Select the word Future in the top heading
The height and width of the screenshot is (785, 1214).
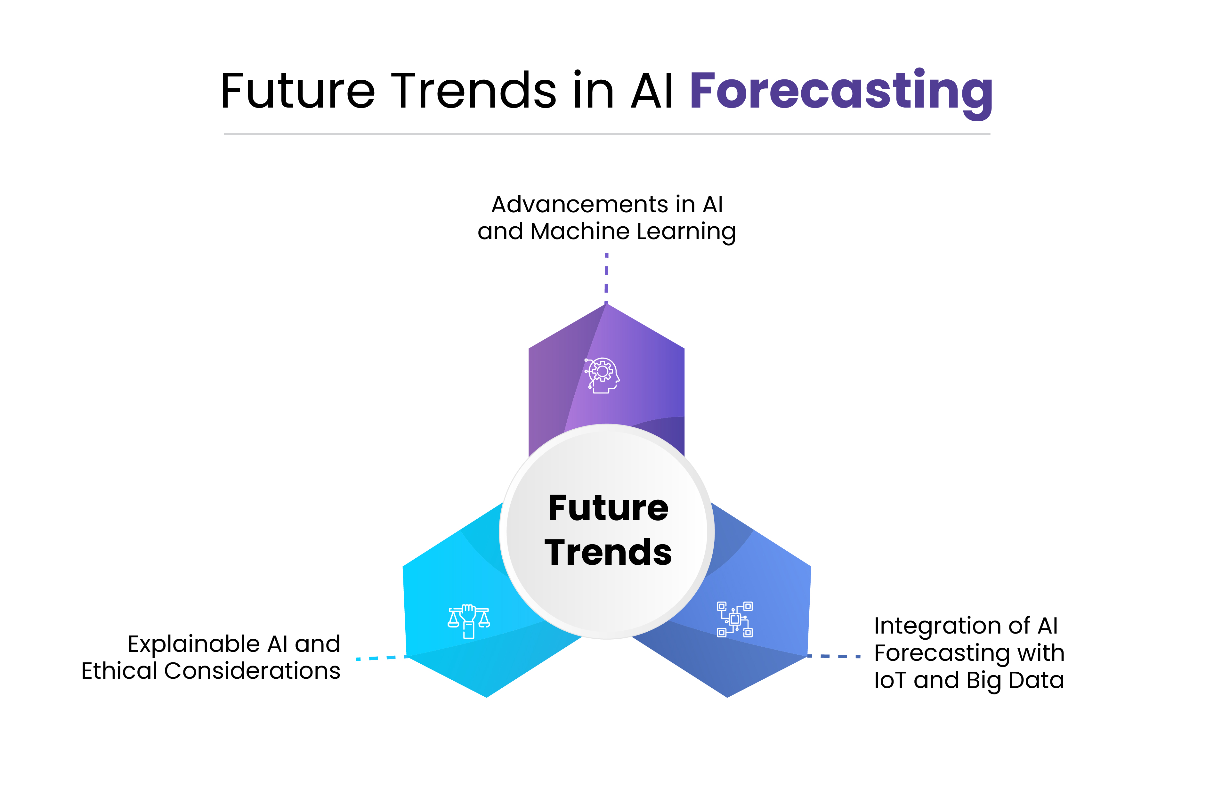298,91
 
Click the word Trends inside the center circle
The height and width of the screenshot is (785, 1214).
608,553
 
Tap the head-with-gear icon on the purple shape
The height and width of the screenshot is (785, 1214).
602,375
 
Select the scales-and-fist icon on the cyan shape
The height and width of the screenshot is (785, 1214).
468,621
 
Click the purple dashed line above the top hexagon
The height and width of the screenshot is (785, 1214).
606,275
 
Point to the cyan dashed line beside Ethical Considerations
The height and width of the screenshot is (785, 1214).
380,658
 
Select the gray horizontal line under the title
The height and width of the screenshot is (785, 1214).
606,134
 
